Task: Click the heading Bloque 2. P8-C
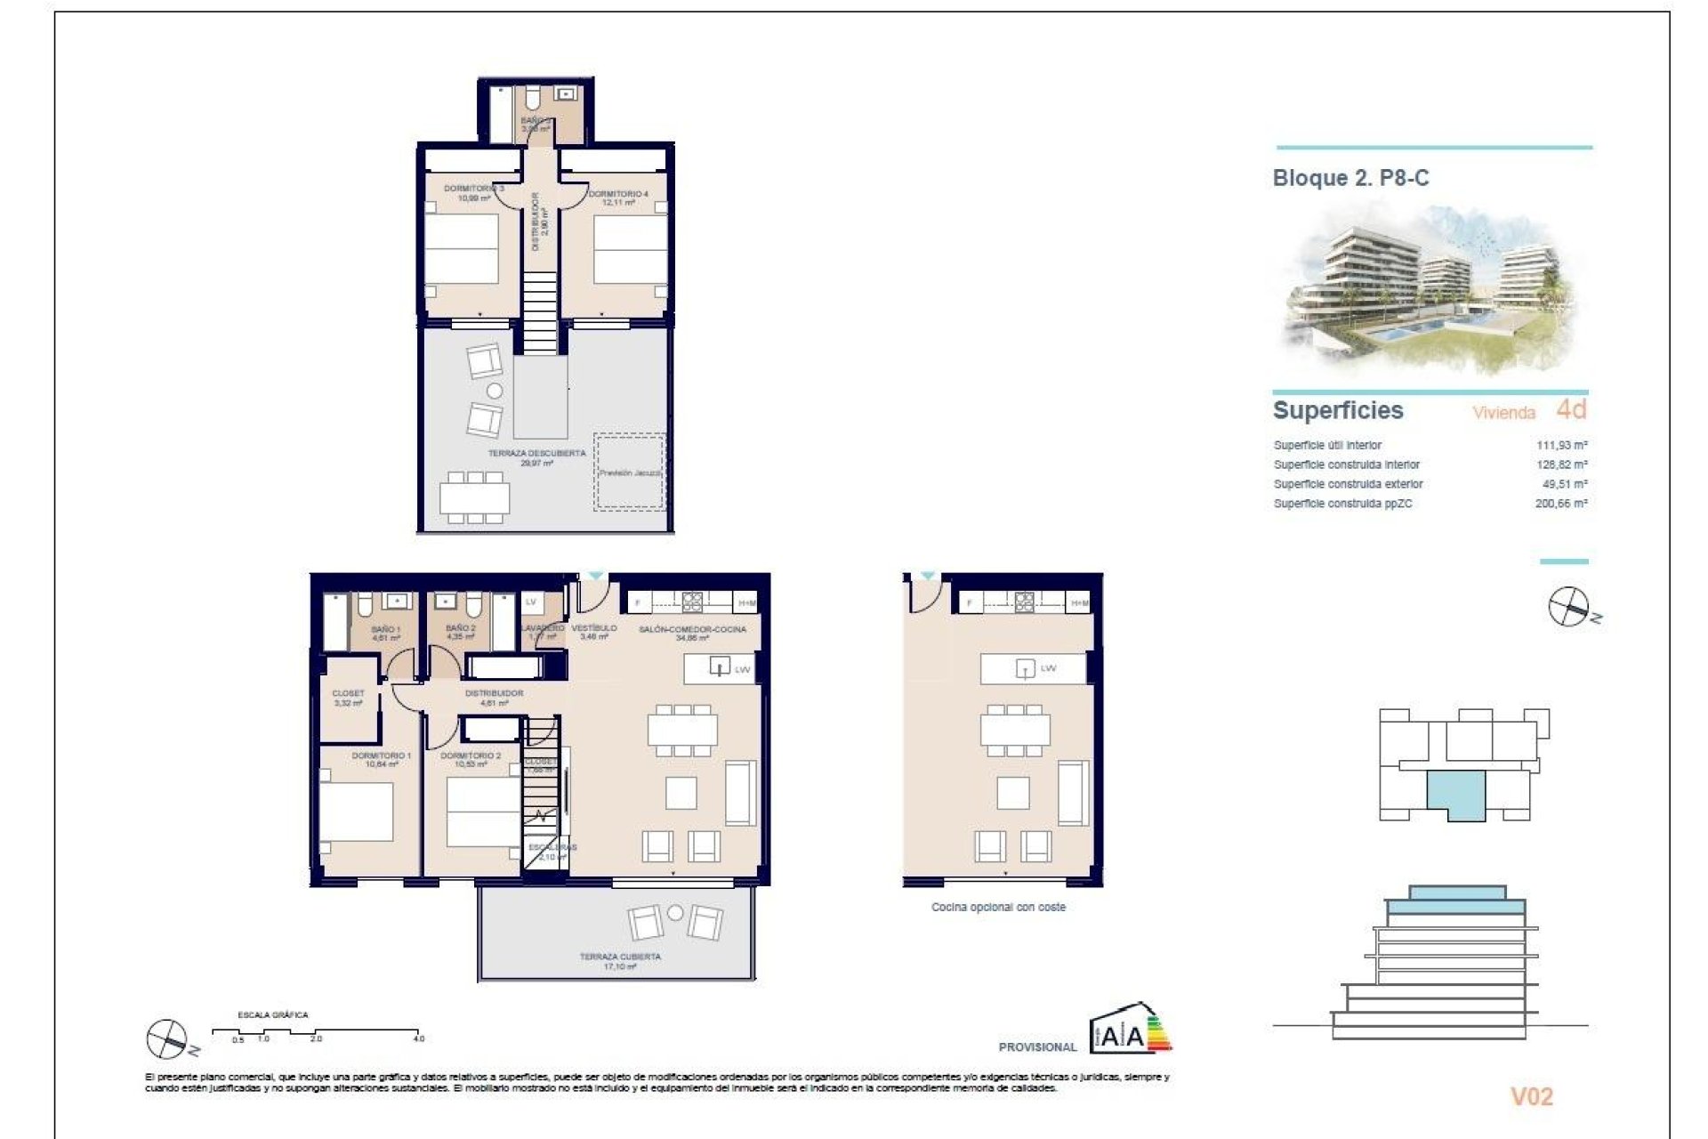tap(1350, 178)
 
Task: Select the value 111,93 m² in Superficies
tap(1561, 445)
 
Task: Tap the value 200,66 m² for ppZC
tap(1561, 504)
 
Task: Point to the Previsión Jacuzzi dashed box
tap(629, 473)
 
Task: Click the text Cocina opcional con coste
tap(998, 908)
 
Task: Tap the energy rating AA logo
tap(1130, 1030)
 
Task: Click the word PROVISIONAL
tap(1037, 1047)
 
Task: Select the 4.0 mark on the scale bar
tap(419, 1038)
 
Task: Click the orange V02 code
tap(1531, 1096)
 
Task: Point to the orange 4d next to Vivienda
tap(1571, 409)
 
